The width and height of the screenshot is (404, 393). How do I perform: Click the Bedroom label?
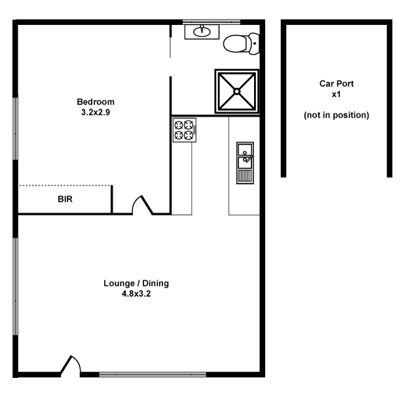(96, 102)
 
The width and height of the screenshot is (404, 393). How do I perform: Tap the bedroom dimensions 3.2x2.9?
(96, 111)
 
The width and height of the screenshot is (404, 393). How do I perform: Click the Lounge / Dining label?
(136, 284)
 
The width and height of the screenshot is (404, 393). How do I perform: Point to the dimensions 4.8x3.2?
(136, 293)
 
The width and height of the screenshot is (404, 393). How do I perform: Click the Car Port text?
(336, 84)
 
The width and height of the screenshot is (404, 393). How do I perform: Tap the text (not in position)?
(336, 115)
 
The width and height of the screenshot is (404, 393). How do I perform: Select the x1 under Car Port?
(336, 94)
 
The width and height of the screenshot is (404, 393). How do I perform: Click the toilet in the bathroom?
(239, 44)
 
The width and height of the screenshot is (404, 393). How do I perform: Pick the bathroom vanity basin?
(202, 31)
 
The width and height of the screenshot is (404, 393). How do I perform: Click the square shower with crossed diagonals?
(238, 92)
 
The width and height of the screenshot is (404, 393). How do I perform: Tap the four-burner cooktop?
(185, 129)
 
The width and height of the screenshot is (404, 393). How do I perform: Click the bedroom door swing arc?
(141, 204)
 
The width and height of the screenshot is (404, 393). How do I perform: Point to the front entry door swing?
(71, 364)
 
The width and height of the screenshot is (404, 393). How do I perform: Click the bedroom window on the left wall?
(15, 129)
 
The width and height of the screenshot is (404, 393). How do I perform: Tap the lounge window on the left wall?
(15, 288)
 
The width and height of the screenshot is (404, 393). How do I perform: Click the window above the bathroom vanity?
(202, 22)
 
